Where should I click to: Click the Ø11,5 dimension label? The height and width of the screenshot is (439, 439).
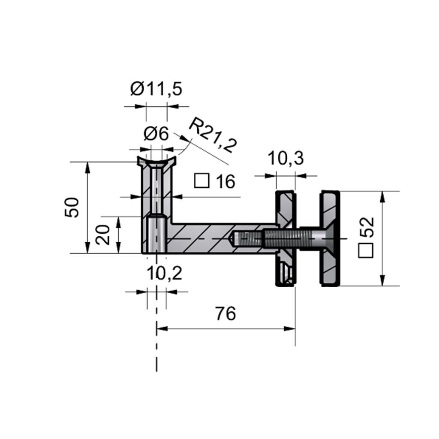(156, 89)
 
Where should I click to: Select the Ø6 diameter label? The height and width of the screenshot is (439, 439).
(156, 134)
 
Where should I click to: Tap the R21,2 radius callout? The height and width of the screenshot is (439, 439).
(213, 135)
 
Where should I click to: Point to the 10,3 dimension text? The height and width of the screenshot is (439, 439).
(286, 159)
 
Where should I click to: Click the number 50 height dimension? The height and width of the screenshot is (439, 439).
(72, 207)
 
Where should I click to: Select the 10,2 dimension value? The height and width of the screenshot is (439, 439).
(164, 273)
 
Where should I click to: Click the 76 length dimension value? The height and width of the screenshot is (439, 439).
(226, 313)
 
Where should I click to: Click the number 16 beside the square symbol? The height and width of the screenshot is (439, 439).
(226, 181)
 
